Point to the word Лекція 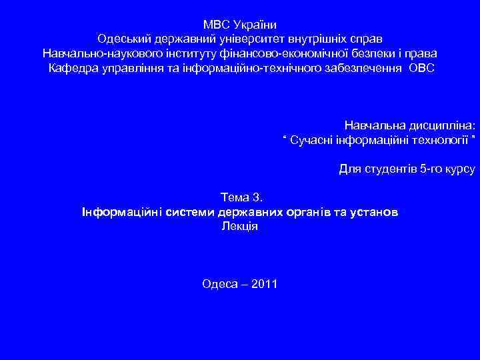[x=239, y=226]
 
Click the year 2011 [x=265, y=284]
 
